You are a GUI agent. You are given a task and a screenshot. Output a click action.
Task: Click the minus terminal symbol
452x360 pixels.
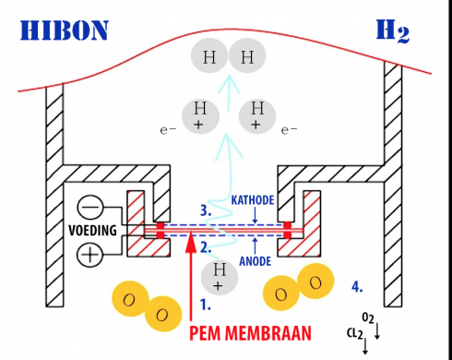click(89, 207)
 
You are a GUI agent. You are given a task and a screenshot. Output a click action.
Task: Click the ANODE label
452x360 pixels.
click(255, 261)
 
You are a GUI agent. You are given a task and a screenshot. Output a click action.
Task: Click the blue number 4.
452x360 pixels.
click(357, 286)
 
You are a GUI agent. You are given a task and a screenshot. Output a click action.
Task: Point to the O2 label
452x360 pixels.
click(366, 317)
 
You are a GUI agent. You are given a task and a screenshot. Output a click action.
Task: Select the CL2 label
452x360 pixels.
click(353, 332)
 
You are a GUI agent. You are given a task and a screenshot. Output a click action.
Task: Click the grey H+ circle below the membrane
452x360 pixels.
click(220, 272)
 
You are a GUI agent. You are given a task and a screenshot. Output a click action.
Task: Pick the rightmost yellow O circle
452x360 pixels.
click(318, 282)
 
